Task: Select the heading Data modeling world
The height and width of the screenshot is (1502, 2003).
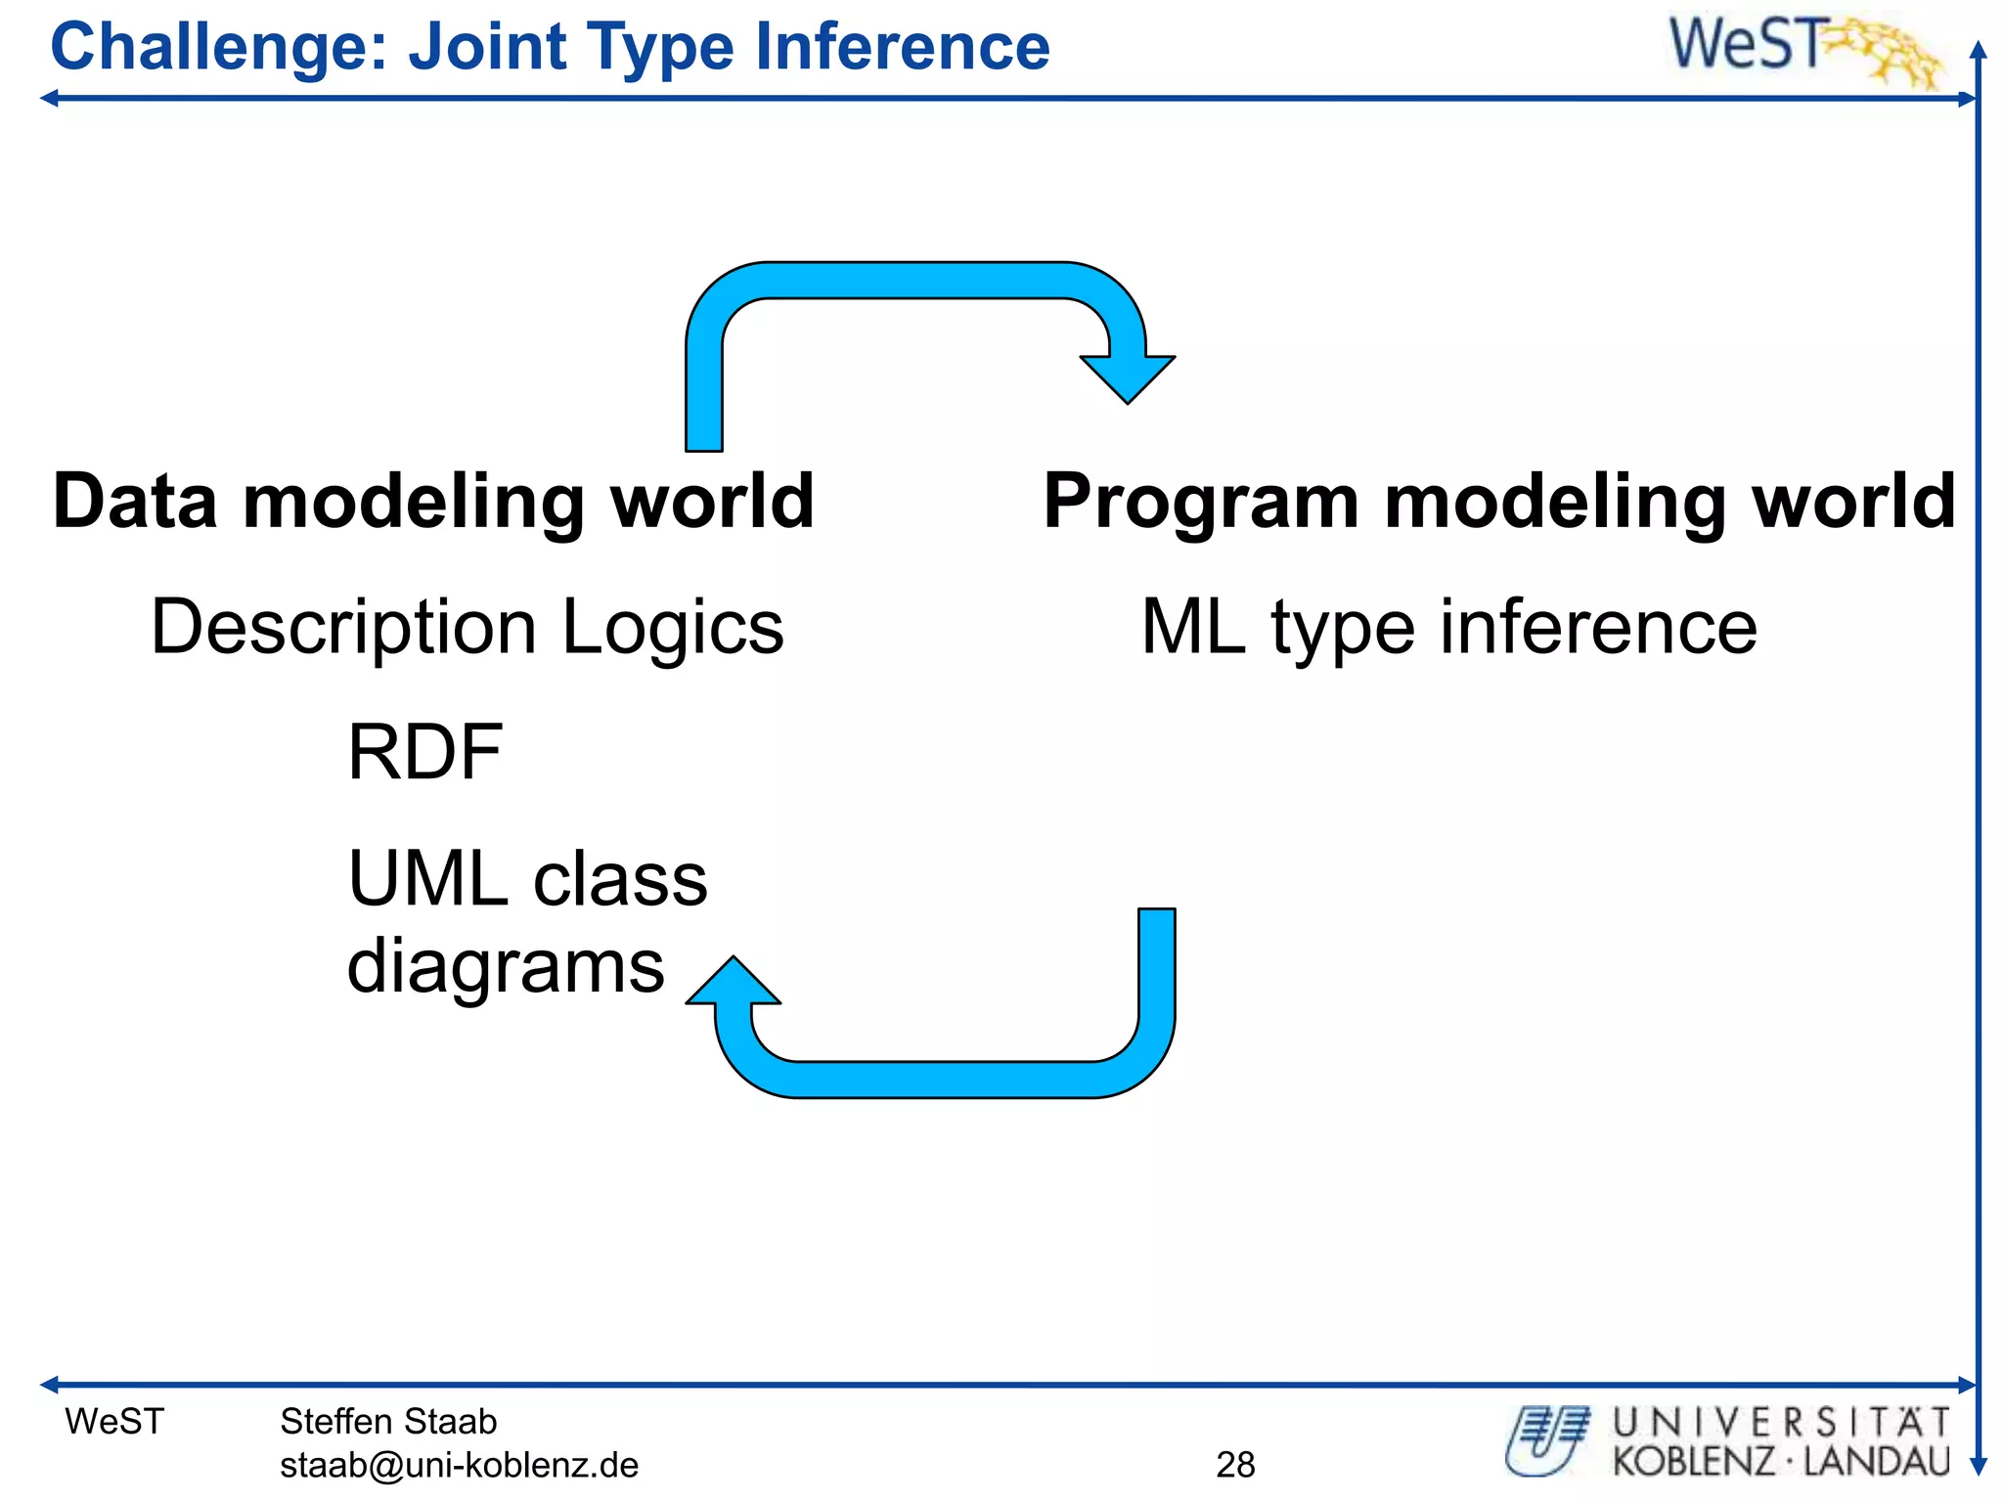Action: [432, 501]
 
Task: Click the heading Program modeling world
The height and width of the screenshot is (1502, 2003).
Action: [1498, 501]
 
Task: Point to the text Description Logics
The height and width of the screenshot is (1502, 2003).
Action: [467, 627]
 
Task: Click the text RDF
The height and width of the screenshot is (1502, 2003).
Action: [424, 752]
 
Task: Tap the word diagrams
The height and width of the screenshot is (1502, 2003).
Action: [506, 965]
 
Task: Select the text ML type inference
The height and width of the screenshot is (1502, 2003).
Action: [1448, 627]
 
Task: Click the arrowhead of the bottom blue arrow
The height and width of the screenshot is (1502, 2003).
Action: [733, 982]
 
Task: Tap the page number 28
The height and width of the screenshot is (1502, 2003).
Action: [1235, 1464]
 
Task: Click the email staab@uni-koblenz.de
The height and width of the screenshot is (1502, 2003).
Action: [459, 1465]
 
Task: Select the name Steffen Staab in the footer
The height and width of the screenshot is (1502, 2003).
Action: [388, 1421]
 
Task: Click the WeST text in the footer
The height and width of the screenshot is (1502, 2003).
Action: [114, 1421]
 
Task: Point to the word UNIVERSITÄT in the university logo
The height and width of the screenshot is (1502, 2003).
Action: [1781, 1422]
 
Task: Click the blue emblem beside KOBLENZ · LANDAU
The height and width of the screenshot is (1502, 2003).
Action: [1548, 1440]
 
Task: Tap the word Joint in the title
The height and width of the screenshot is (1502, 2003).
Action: [487, 47]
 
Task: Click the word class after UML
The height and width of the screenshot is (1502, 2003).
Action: [620, 878]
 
